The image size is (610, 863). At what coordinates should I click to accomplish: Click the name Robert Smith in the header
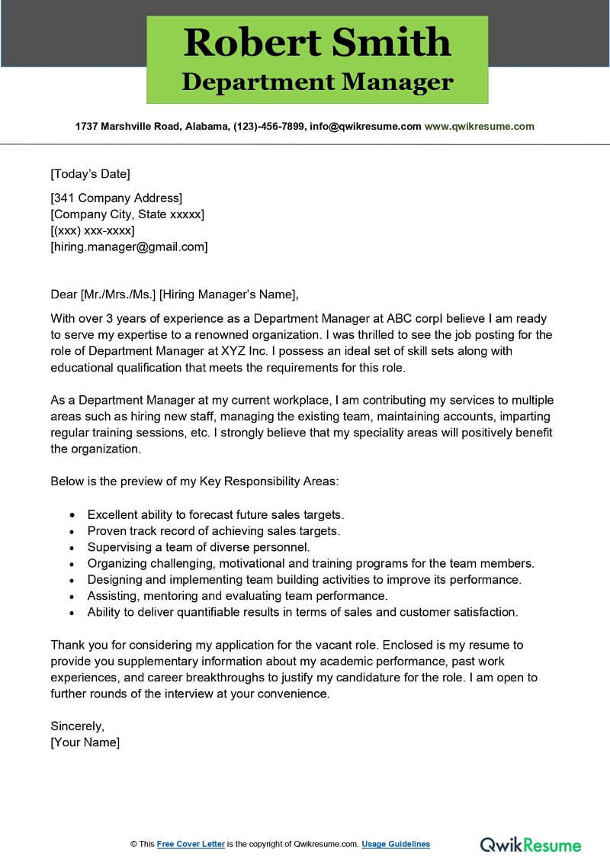pyautogui.click(x=317, y=42)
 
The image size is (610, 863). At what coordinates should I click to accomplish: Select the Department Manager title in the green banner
pyautogui.click(x=317, y=82)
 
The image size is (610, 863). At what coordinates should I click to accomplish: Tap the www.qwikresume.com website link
pyautogui.click(x=479, y=127)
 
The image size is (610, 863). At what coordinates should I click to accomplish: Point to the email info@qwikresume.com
pyautogui.click(x=364, y=127)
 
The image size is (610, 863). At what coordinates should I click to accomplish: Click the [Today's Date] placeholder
pyautogui.click(x=91, y=173)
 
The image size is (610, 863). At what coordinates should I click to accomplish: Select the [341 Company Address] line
pyautogui.click(x=117, y=198)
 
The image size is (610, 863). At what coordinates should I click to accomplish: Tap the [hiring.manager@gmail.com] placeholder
pyautogui.click(x=129, y=246)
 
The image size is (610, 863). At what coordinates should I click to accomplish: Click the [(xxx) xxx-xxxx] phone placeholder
pyautogui.click(x=92, y=230)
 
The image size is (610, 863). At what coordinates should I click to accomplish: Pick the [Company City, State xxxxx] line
pyautogui.click(x=127, y=214)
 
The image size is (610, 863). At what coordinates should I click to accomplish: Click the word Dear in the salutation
pyautogui.click(x=64, y=294)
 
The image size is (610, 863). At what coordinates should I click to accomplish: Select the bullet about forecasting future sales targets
pyautogui.click(x=216, y=514)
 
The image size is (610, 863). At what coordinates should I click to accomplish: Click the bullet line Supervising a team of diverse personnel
pyautogui.click(x=199, y=547)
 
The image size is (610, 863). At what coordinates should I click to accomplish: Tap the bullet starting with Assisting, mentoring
pyautogui.click(x=238, y=595)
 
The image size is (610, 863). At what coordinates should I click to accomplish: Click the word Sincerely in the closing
pyautogui.click(x=77, y=726)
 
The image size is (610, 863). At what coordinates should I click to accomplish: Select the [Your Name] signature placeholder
pyautogui.click(x=85, y=742)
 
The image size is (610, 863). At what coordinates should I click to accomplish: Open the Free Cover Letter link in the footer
pyautogui.click(x=191, y=844)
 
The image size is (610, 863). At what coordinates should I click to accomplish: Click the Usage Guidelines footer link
pyautogui.click(x=396, y=844)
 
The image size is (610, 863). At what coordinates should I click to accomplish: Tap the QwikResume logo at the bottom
pyautogui.click(x=530, y=844)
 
